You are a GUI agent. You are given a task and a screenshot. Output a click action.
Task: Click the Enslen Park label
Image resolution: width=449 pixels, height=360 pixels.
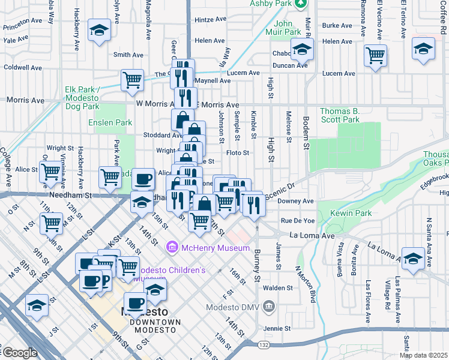pyautogui.click(x=110, y=122)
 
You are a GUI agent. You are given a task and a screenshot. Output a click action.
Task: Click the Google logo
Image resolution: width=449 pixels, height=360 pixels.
pyautogui.click(x=20, y=353)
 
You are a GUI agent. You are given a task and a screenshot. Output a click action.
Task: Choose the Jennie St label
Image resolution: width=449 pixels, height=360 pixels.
pyautogui.click(x=277, y=329)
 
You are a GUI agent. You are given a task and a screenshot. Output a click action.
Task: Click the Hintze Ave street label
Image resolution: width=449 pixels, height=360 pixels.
pyautogui.click(x=209, y=20)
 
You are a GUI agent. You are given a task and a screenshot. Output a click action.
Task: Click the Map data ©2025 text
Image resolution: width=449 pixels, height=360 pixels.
pyautogui.click(x=424, y=355)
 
